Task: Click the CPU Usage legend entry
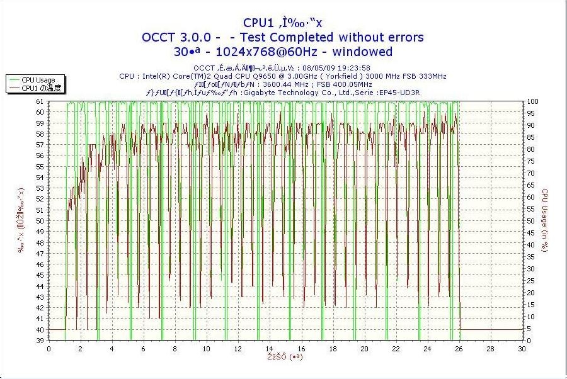38,80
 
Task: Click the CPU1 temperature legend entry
42,88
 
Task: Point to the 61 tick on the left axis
40,101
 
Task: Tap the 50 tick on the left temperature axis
40,221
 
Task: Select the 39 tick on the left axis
40,341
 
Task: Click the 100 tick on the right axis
532,101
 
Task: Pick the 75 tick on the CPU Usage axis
531,161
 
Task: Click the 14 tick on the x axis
270,349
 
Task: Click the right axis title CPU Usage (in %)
545,221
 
